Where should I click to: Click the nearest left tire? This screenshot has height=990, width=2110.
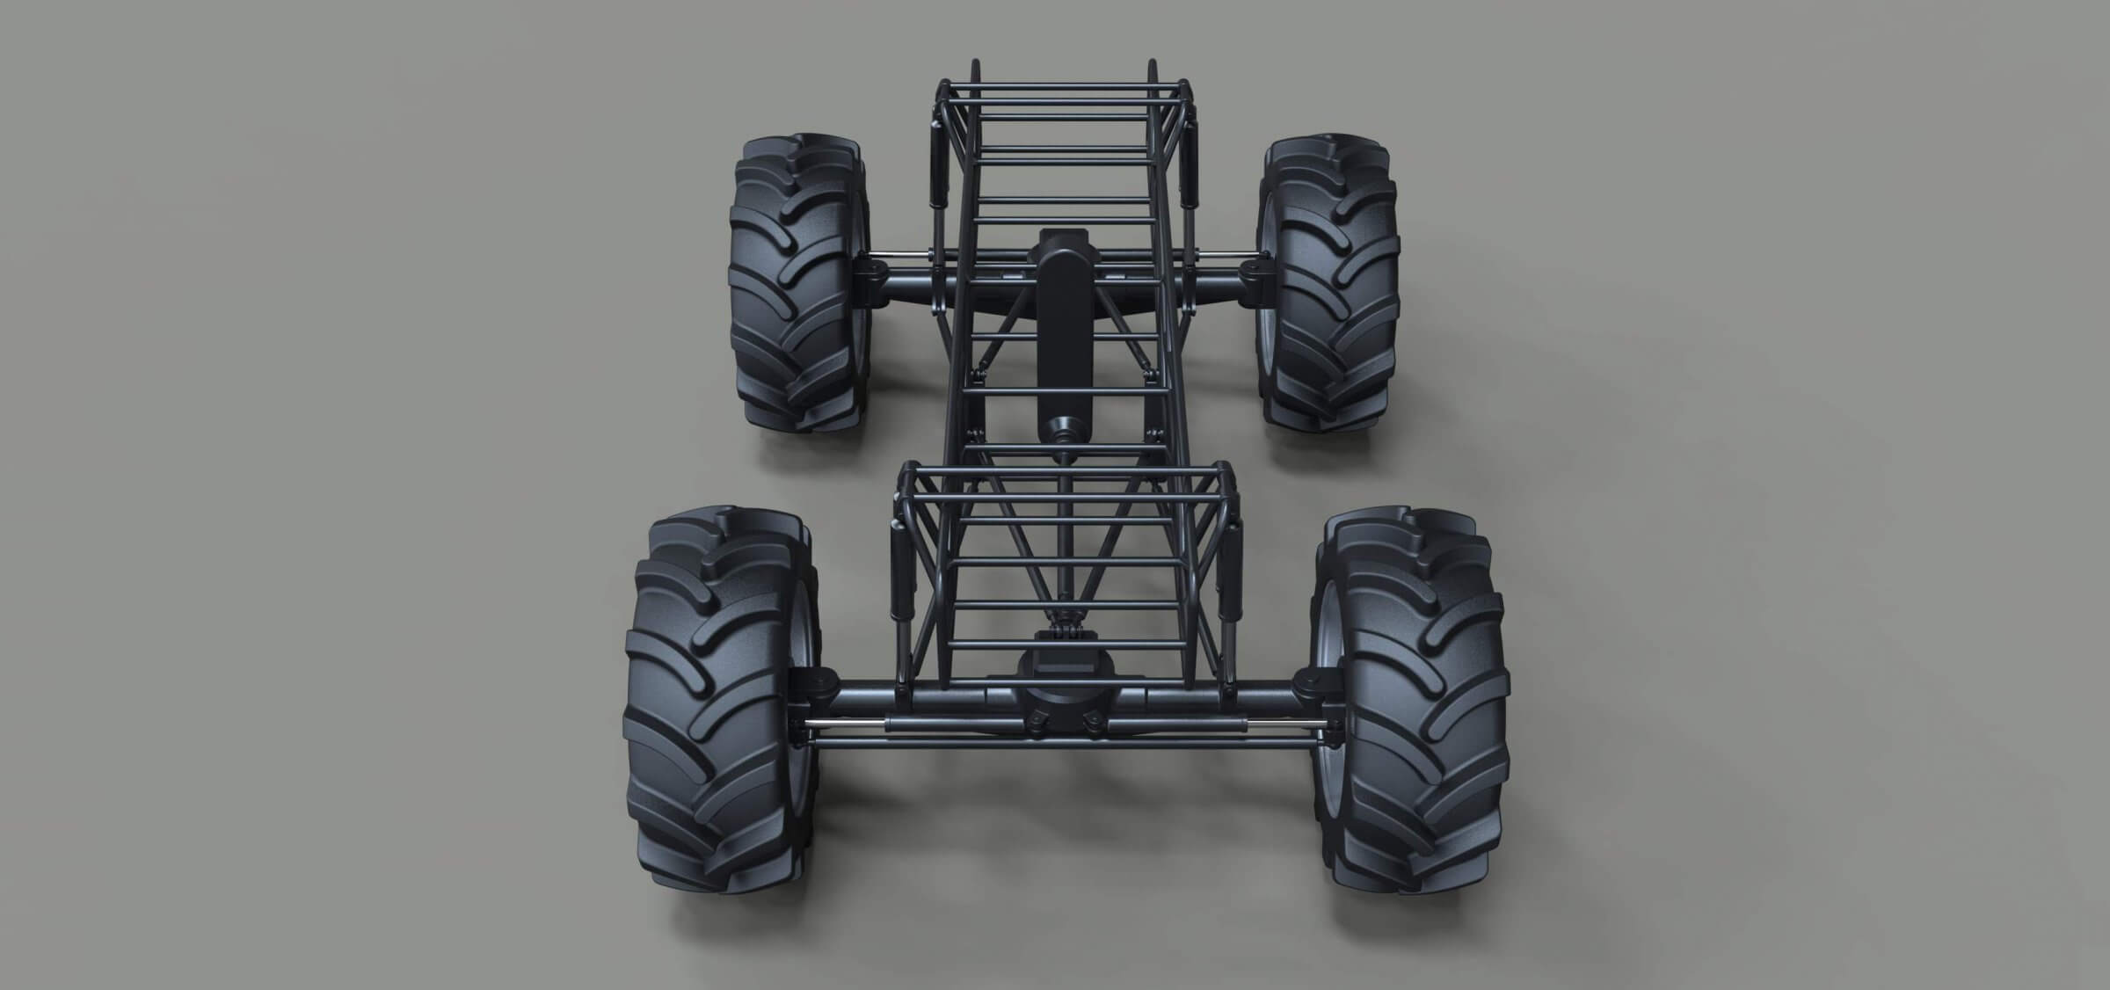tap(717, 703)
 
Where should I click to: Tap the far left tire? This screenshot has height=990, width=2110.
tap(796, 281)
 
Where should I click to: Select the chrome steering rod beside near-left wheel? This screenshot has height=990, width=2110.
tap(848, 725)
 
